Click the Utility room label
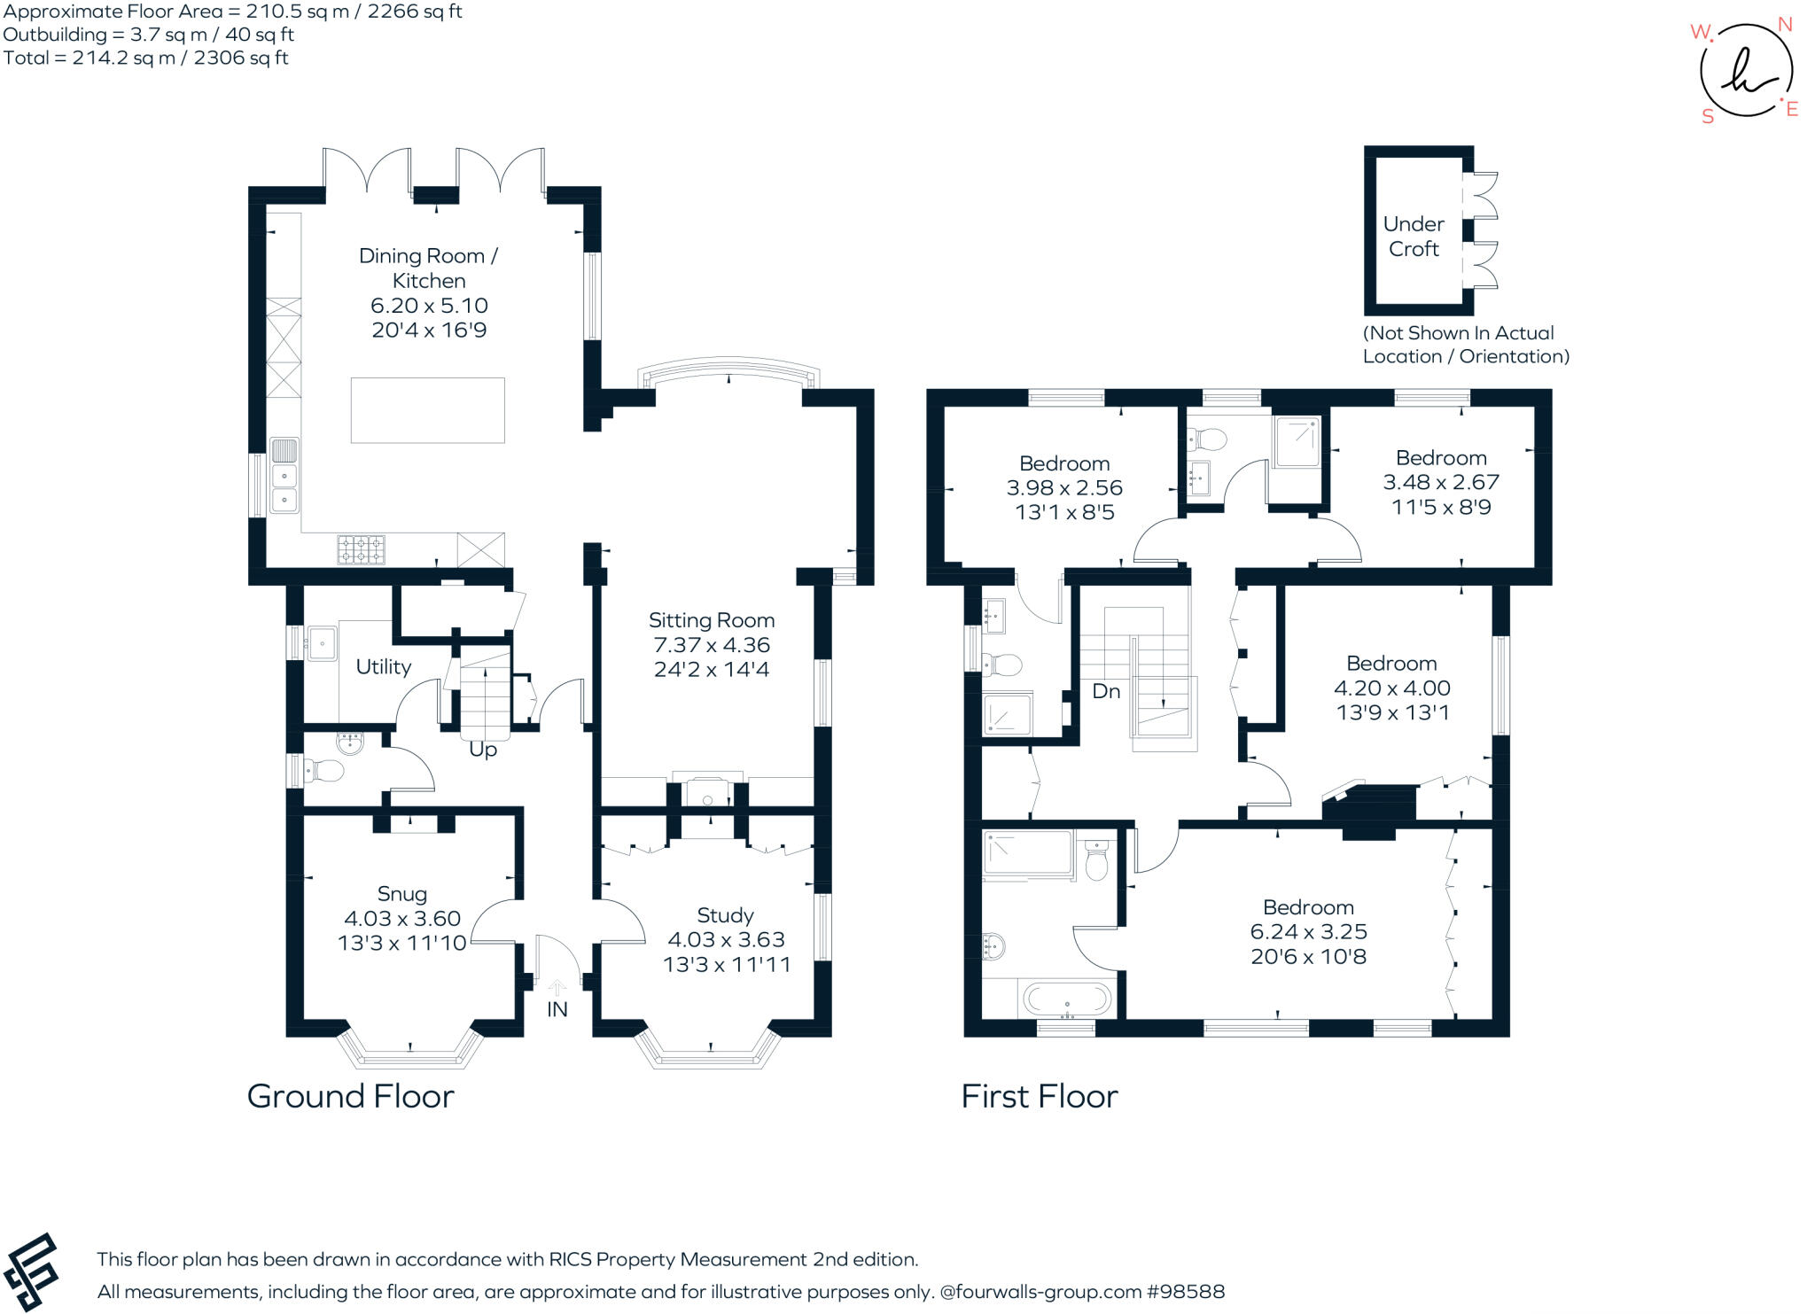(383, 666)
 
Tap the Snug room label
(401, 894)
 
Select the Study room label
(725, 915)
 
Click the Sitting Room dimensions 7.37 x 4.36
(712, 645)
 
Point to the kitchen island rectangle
(427, 410)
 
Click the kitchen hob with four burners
(361, 549)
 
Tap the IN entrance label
(557, 1009)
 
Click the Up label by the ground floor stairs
(483, 750)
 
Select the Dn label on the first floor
(1106, 691)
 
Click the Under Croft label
(1414, 237)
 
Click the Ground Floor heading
(350, 1096)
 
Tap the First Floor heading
(1040, 1096)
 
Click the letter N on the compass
(1785, 25)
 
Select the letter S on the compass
(1708, 116)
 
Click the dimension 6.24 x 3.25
(1308, 932)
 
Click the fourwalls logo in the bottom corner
(32, 1272)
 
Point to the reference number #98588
(1186, 1292)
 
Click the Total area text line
(146, 58)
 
